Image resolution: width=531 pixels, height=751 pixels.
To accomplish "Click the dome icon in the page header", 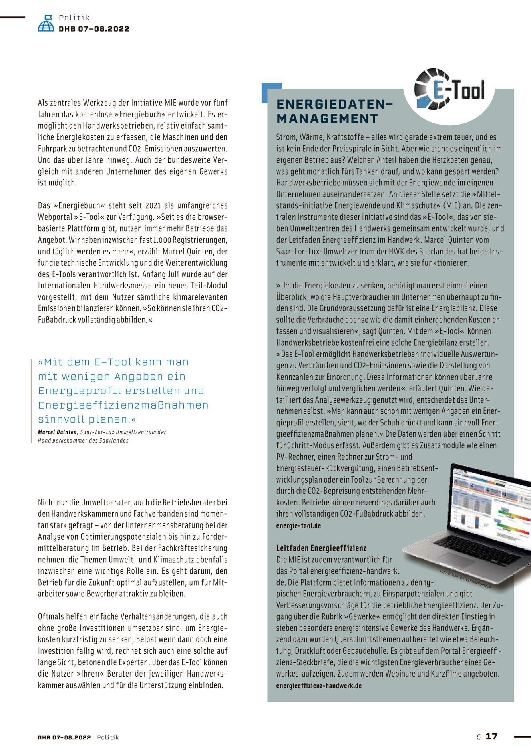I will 46,23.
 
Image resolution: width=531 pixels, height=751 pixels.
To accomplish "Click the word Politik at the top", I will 74,18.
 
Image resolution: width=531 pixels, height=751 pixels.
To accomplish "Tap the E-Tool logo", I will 450,89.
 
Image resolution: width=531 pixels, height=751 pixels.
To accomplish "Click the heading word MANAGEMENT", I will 327,119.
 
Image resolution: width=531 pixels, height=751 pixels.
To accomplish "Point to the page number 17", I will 491,736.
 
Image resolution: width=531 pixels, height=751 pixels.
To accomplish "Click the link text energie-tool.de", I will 298,525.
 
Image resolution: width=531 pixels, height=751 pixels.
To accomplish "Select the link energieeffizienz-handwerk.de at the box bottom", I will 319,685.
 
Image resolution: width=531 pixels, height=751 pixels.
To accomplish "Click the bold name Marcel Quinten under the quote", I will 57,432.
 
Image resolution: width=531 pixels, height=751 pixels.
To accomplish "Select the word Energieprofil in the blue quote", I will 68,391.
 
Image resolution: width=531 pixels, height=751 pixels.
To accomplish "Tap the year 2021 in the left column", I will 153,205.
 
